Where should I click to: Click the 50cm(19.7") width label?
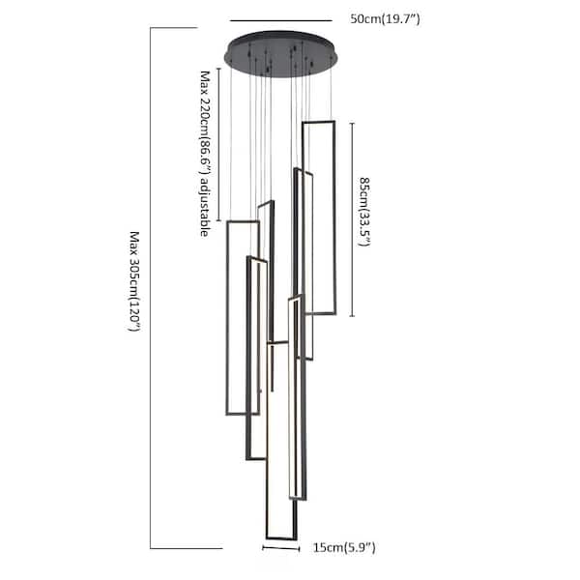[x=385, y=19]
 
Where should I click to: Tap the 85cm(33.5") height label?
[x=364, y=212]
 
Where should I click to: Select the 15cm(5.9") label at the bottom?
[x=344, y=547]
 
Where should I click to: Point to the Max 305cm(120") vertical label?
[x=134, y=281]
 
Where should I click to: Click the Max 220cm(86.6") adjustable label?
[x=205, y=154]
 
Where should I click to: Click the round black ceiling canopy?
[x=280, y=54]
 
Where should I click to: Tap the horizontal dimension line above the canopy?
[x=280, y=20]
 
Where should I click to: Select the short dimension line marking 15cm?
[x=280, y=548]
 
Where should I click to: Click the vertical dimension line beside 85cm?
[x=352, y=219]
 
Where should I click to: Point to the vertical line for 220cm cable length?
[x=218, y=144]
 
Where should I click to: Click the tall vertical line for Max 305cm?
[x=151, y=288]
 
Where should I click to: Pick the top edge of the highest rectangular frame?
[x=318, y=122]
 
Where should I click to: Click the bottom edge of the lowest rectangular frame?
[x=281, y=537]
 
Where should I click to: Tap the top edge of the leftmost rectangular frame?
[x=243, y=222]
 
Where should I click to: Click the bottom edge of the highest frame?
[x=320, y=313]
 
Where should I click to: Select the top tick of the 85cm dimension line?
[x=352, y=123]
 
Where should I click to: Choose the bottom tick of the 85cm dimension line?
[x=352, y=316]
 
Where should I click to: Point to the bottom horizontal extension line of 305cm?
[x=187, y=548]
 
